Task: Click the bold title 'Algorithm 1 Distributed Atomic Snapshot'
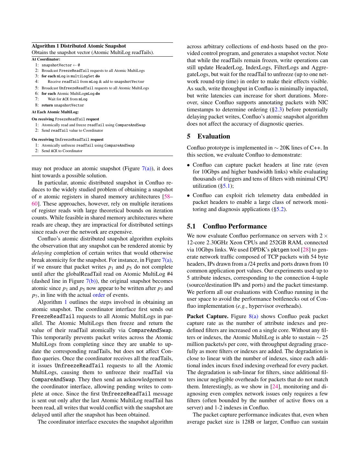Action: coord(79,46)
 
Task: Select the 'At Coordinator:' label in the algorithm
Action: coord(46,59)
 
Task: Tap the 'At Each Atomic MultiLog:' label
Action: coord(55,112)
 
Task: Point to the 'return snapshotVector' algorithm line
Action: coord(63,105)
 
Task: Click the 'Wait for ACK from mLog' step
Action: coord(67,99)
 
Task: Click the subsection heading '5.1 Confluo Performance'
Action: coord(227,226)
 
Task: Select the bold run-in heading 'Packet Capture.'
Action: coord(208,316)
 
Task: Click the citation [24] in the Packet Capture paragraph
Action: coord(275,386)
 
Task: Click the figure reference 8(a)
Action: coord(253,316)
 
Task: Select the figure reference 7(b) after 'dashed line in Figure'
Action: coord(91,281)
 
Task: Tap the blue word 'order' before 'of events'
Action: coord(99,295)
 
